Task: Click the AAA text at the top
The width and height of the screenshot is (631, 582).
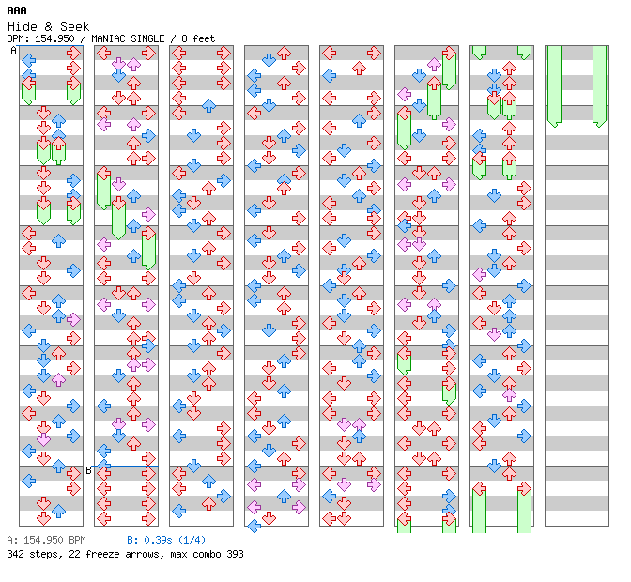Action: (x=16, y=10)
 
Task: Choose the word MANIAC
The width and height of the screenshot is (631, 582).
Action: (x=110, y=38)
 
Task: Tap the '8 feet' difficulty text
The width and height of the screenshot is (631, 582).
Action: (x=194, y=38)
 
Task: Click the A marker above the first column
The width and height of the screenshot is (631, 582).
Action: (x=13, y=51)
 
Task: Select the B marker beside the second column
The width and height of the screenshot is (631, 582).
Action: (x=89, y=470)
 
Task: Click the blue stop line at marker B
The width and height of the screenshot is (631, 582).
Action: (x=126, y=466)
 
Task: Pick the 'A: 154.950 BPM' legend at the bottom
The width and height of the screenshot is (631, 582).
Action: (x=46, y=541)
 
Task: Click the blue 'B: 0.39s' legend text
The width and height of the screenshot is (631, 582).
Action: (x=150, y=541)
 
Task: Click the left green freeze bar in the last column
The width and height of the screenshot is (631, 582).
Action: (x=554, y=84)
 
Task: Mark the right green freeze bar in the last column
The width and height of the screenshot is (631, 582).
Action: (x=599, y=84)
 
